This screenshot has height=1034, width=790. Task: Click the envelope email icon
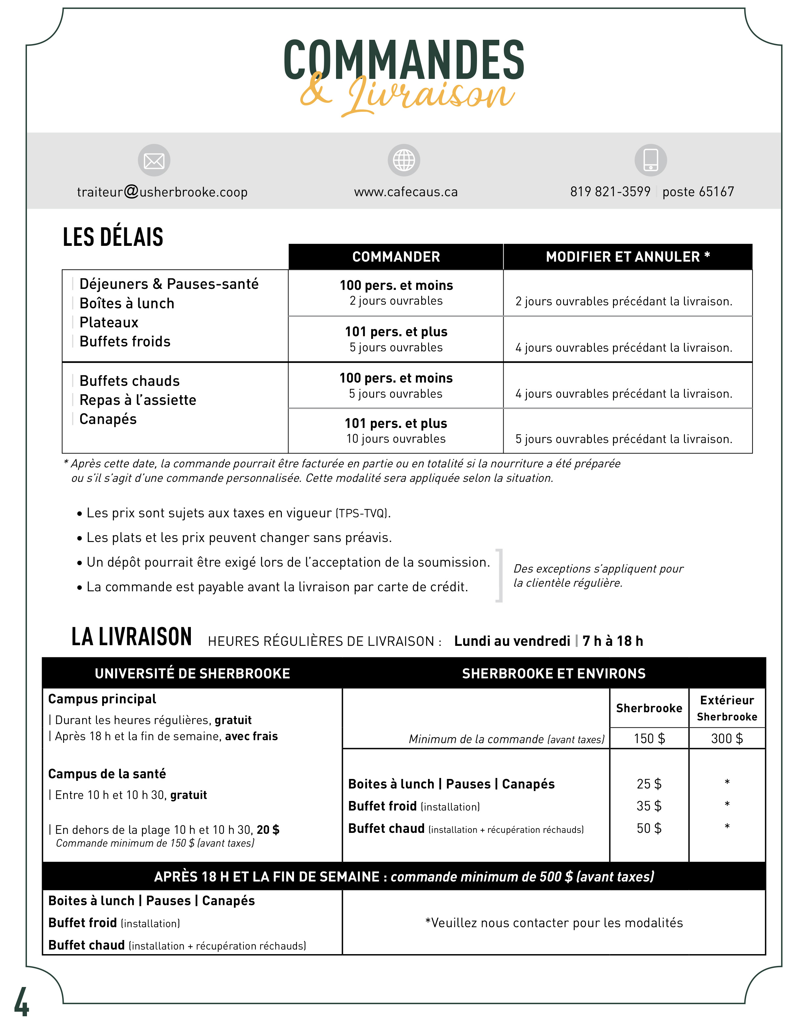[154, 160]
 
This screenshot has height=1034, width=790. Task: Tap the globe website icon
[403, 160]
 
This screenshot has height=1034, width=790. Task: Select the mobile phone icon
[650, 160]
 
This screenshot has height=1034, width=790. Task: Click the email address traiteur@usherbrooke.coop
[162, 192]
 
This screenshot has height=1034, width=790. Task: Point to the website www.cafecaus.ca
[406, 192]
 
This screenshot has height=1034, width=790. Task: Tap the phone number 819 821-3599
[610, 192]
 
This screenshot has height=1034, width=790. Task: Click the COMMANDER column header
[396, 257]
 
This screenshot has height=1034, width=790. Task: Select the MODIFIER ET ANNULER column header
[628, 257]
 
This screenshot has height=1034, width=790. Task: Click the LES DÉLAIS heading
[113, 237]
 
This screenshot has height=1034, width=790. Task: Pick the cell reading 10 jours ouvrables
[396, 439]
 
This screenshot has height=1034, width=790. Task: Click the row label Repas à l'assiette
[138, 400]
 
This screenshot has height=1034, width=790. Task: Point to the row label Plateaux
[109, 322]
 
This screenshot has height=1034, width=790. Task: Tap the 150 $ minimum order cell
[649, 739]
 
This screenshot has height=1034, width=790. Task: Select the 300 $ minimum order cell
[727, 739]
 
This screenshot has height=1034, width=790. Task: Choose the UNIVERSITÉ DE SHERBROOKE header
[192, 674]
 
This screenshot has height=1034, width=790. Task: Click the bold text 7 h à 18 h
[613, 641]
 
